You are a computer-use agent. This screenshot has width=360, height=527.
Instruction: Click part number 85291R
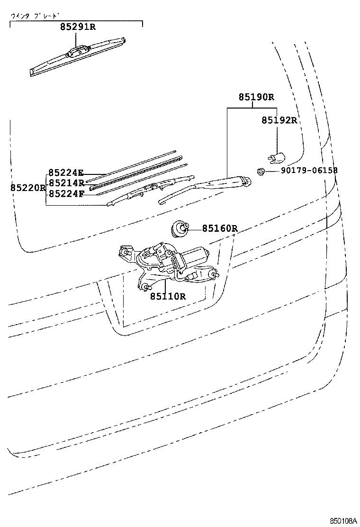(x=78, y=27)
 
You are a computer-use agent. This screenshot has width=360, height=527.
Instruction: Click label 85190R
(x=256, y=97)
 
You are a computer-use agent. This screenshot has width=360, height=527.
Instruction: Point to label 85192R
(x=279, y=120)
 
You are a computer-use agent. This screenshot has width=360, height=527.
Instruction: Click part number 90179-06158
(x=309, y=171)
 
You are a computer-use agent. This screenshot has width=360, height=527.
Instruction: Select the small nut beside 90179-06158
(x=260, y=171)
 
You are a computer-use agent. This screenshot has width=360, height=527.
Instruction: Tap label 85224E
(x=66, y=173)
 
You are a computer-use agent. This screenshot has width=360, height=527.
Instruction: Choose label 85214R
(x=66, y=183)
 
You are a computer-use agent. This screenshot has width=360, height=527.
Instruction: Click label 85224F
(x=66, y=193)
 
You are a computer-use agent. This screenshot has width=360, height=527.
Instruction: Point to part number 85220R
(x=28, y=188)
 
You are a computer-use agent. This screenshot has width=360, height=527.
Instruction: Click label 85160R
(x=220, y=229)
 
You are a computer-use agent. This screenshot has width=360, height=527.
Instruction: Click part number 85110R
(x=168, y=296)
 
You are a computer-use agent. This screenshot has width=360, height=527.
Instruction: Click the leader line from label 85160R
(x=195, y=229)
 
